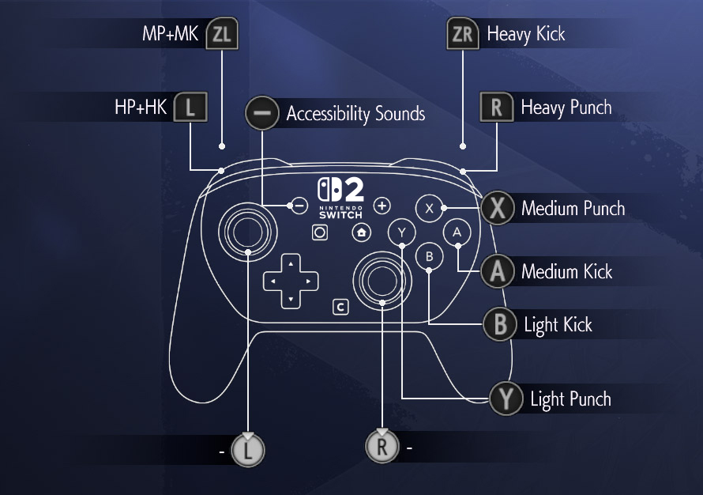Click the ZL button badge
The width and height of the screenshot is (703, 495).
pos(221,35)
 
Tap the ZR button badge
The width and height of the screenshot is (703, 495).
pos(463,34)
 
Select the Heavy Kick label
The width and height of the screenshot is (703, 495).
pos(526,34)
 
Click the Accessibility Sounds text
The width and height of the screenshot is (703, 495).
pos(355,114)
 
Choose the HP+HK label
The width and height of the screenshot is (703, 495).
pos(141,108)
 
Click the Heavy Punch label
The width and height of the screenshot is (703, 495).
pos(566,107)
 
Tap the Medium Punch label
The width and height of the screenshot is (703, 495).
pos(573,209)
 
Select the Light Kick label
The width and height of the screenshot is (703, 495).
pos(558,324)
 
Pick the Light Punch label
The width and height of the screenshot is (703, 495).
pos(570,399)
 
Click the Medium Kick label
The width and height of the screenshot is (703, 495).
pos(566,272)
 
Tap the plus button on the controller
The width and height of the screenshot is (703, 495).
pos(382,206)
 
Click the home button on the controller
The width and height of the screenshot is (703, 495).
pos(361,232)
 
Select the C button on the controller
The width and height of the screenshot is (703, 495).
pos(340,306)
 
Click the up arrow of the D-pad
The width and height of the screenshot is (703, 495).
pos(291,263)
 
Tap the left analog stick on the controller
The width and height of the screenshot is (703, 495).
pos(248,230)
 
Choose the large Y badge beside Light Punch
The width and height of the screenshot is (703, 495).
pos(506,399)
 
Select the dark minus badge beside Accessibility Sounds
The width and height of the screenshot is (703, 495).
pos(262,114)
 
